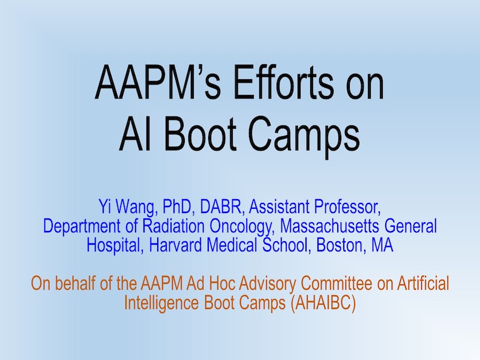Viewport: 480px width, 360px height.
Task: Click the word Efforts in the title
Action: tap(282, 82)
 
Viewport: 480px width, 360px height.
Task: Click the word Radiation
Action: tap(173, 226)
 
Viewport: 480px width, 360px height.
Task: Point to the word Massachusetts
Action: tap(329, 226)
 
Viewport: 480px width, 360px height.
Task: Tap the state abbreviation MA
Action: tap(382, 245)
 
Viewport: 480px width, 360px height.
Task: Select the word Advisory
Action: tap(268, 284)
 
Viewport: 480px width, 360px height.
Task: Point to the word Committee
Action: tap(337, 283)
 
